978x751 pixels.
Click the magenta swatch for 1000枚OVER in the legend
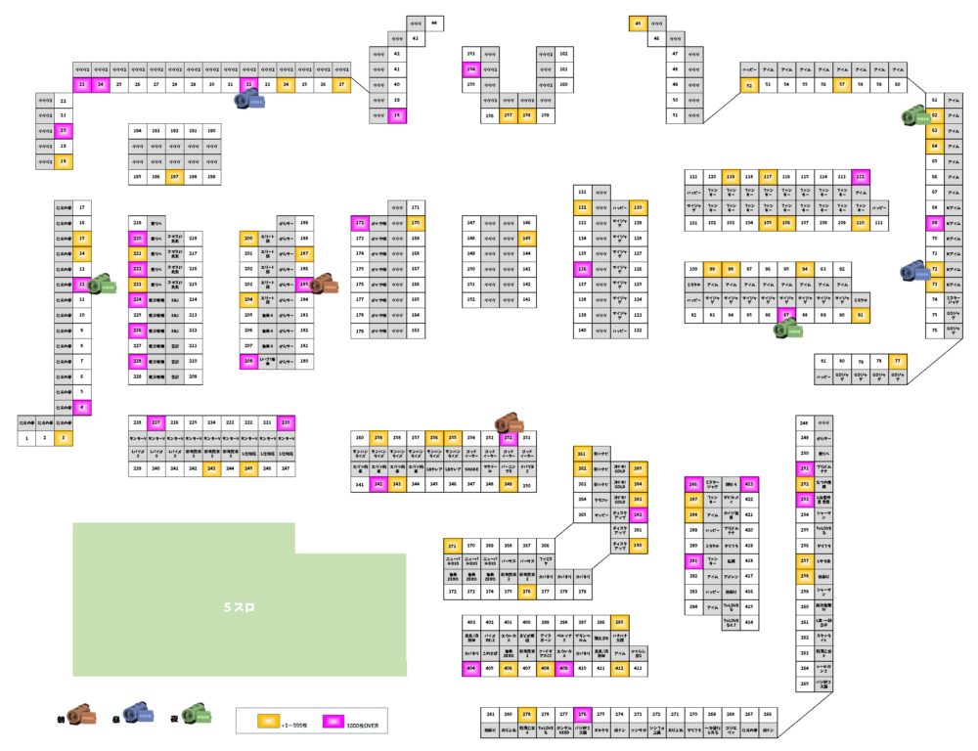tap(334, 722)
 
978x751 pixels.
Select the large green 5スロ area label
tap(239, 607)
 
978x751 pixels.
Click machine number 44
tap(434, 22)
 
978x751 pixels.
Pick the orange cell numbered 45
tap(638, 22)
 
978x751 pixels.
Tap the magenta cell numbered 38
tap(396, 115)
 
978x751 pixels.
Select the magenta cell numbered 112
tap(860, 176)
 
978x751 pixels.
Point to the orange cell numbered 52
tap(749, 86)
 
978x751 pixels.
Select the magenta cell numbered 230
tap(286, 422)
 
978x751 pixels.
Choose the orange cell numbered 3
tap(64, 438)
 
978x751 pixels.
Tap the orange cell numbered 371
tap(452, 546)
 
